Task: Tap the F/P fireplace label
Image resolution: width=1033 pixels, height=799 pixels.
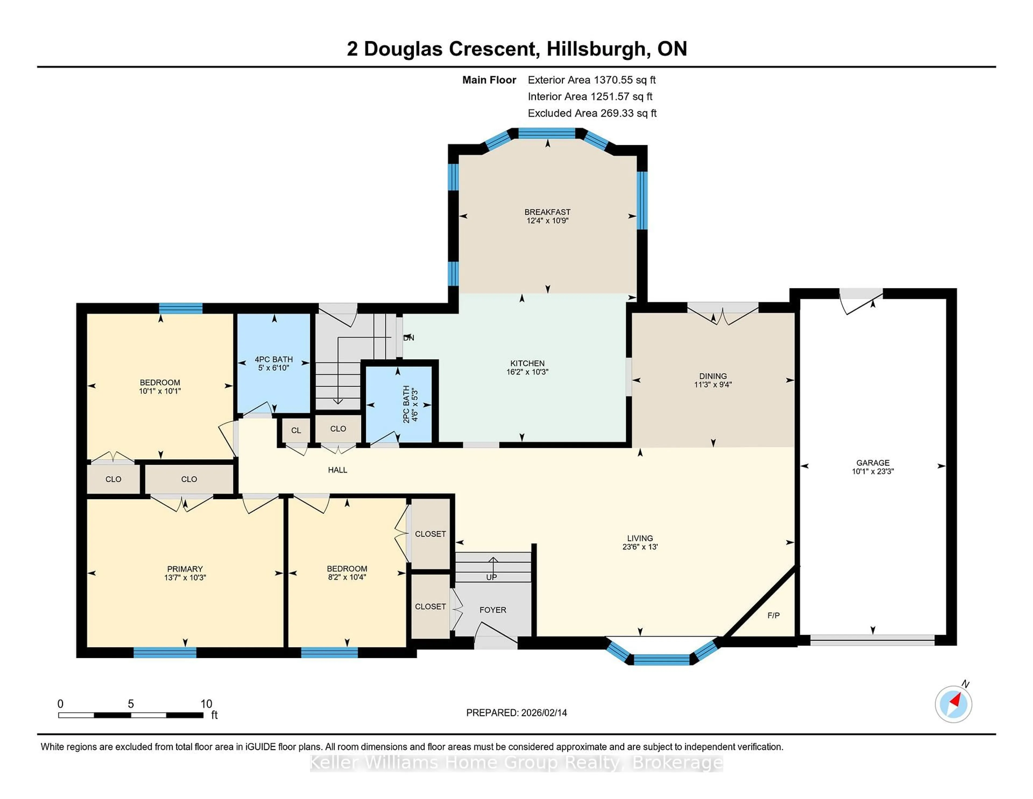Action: (x=773, y=615)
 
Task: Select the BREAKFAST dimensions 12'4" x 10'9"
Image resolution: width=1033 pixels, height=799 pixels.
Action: (x=547, y=220)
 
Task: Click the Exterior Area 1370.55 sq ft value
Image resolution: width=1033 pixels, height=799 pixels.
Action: (x=591, y=80)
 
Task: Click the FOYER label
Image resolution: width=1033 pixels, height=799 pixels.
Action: (x=492, y=610)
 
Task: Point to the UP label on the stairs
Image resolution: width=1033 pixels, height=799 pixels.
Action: (x=491, y=577)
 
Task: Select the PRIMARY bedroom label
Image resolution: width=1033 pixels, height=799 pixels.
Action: (x=185, y=569)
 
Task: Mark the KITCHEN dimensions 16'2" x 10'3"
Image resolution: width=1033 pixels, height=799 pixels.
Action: (x=527, y=372)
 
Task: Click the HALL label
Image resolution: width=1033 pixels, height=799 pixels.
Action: (x=337, y=470)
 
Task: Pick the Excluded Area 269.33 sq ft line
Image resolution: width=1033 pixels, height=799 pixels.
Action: (x=592, y=113)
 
